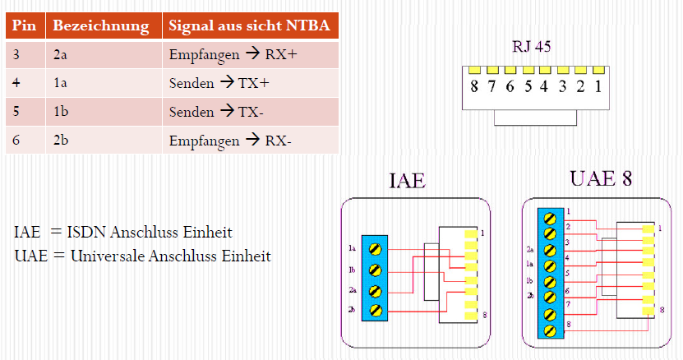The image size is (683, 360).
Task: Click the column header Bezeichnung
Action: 100,25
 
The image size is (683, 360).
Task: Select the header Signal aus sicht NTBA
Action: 249,25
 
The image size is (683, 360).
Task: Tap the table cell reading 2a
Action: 61,55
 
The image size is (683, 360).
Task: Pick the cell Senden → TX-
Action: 216,111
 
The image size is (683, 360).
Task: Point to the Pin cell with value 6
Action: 17,140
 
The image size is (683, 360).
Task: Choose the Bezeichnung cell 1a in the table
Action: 61,83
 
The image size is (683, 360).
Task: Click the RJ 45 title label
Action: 531,47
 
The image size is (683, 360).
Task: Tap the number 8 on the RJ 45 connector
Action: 474,86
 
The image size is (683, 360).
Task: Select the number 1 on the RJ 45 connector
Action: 598,86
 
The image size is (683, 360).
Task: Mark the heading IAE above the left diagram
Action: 408,181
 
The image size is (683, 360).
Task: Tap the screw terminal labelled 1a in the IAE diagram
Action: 376,248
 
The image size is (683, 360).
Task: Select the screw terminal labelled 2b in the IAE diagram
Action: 376,310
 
